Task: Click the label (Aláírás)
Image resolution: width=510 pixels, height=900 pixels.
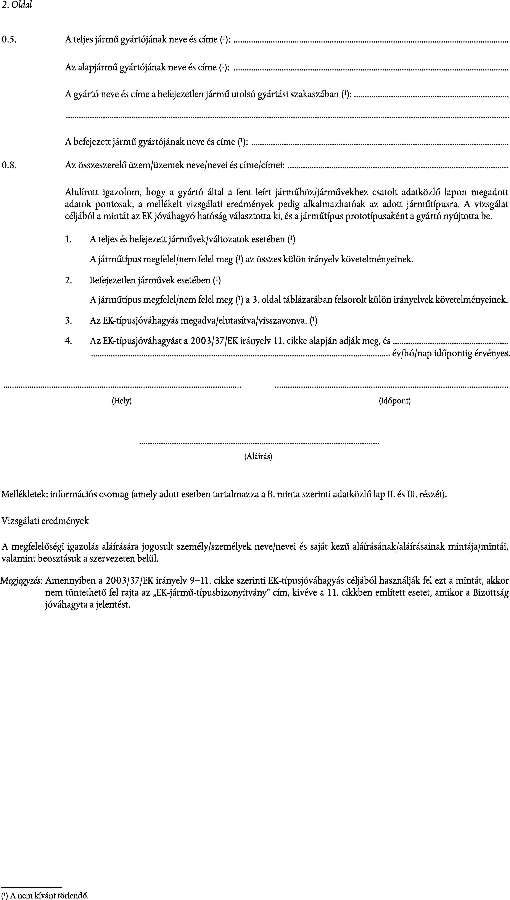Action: pos(258,456)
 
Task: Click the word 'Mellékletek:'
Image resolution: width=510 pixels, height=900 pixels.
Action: pos(24,494)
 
